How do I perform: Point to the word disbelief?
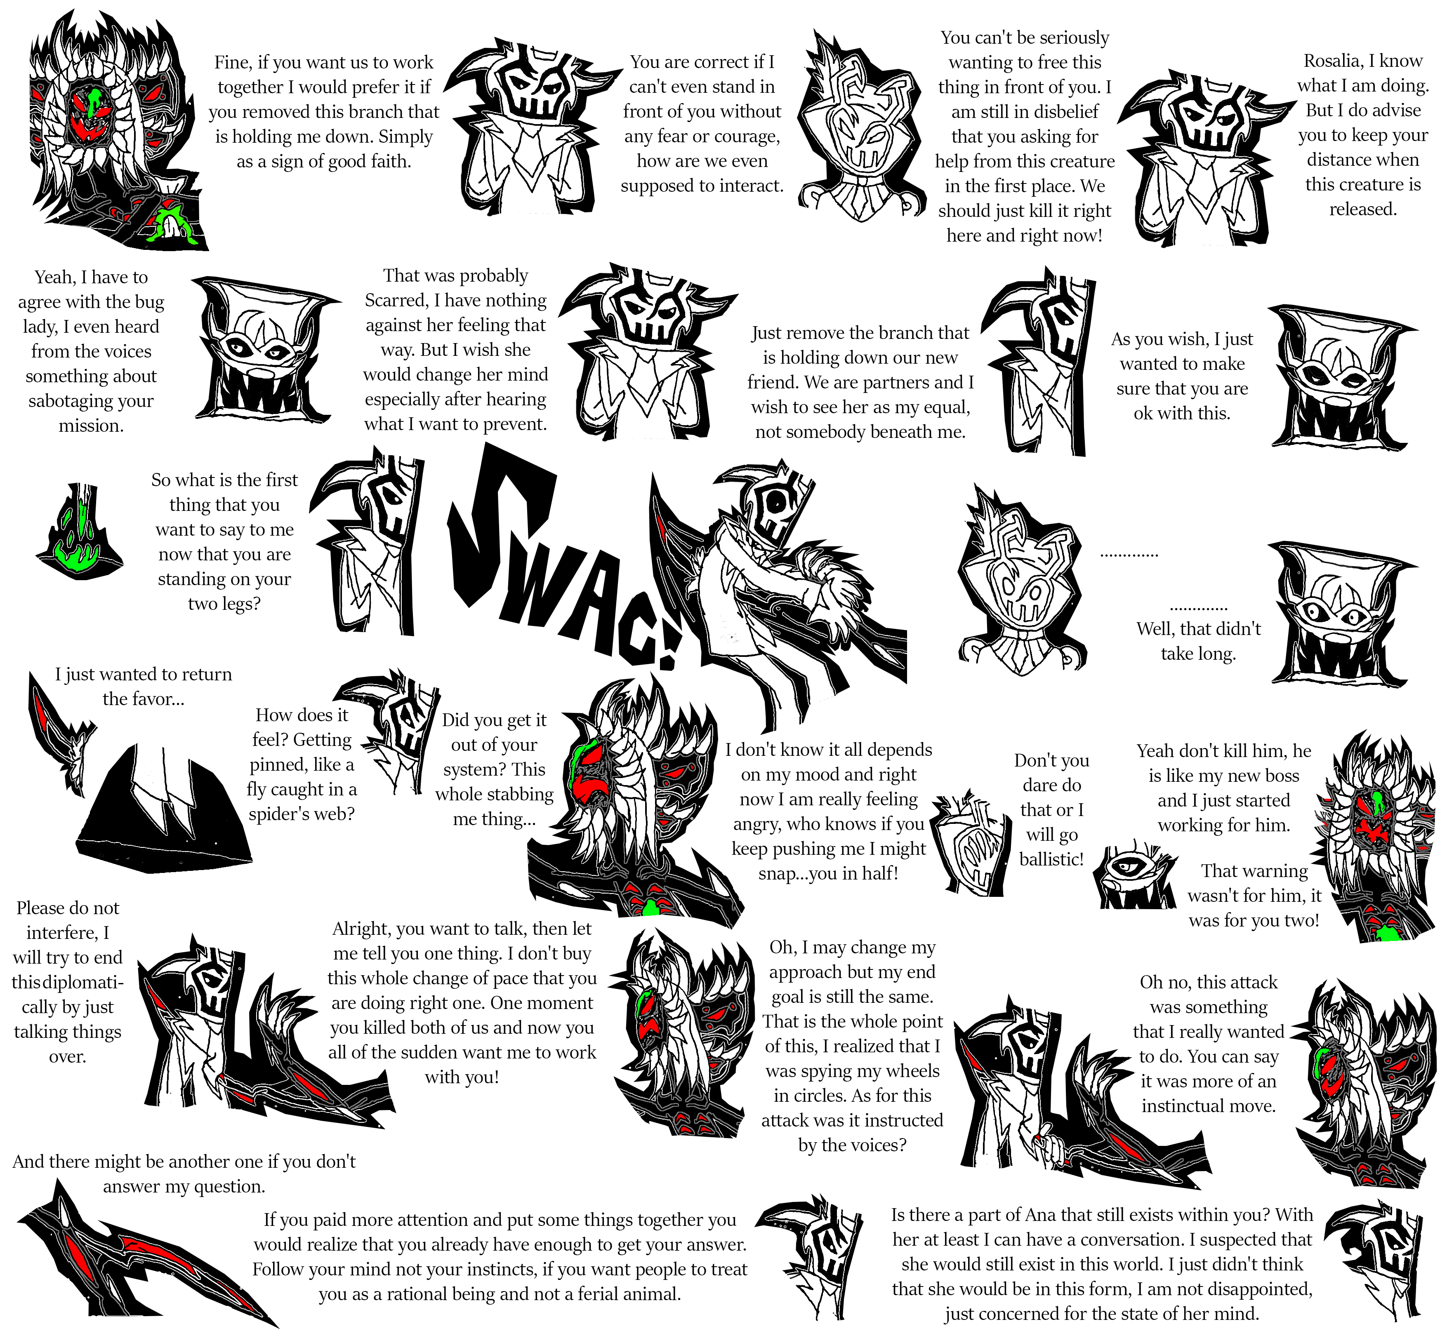[x=1062, y=112]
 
